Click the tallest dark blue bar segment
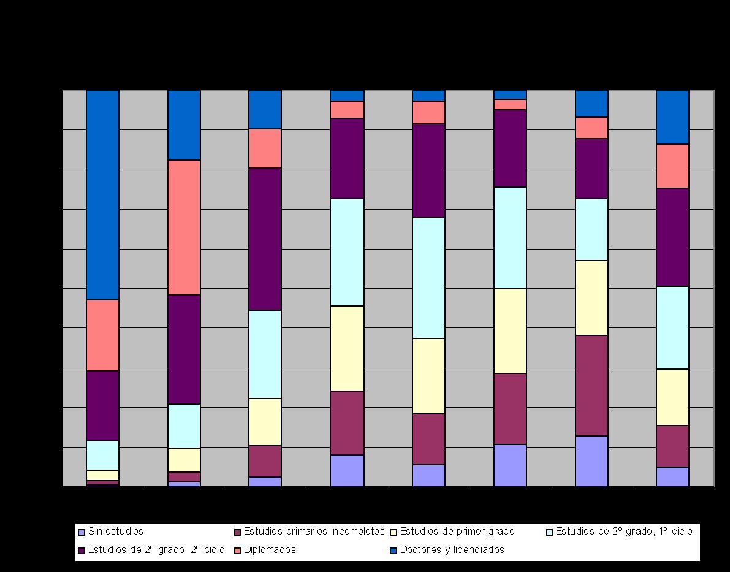[102, 195]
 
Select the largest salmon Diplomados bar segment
[184, 227]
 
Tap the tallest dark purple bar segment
[265, 239]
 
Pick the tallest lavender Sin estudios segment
[591, 461]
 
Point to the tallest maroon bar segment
[591, 386]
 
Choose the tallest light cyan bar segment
[428, 278]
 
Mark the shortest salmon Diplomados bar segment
[510, 104]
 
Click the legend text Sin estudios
[115, 532]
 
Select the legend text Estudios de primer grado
[457, 532]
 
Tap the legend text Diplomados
[270, 550]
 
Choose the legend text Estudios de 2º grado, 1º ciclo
[623, 532]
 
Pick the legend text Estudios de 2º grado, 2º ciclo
[156, 550]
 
